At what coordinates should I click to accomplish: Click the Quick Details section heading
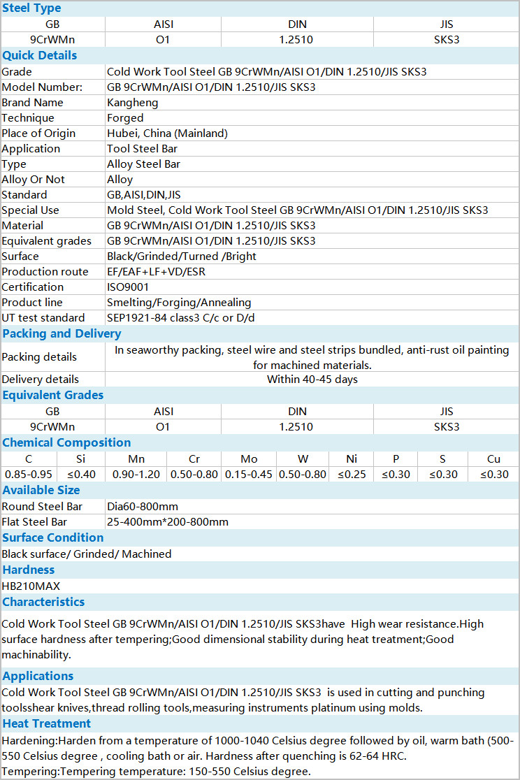pos(39,55)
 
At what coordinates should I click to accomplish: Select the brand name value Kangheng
pos(132,103)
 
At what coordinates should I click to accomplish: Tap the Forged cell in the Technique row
pos(125,118)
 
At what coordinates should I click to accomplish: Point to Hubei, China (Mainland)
pos(167,133)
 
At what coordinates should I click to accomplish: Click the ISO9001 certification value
pos(128,287)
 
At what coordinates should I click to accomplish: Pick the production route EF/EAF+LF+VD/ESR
pos(156,272)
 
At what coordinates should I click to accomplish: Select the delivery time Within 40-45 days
pos(312,380)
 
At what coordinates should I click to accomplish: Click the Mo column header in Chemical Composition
pos(249,459)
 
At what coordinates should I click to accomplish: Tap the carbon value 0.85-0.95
pos(28,475)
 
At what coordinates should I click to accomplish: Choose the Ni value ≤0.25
pos(352,475)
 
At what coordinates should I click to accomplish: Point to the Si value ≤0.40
pos(80,475)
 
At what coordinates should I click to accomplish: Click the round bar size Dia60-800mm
pos(142,507)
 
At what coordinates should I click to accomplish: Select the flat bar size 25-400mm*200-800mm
pos(167,522)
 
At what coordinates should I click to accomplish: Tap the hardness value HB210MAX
pos(31,586)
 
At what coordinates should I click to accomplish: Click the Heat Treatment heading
pos(46,723)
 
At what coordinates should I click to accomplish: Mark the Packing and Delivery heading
pos(62,333)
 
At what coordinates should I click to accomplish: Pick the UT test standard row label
pos(43,318)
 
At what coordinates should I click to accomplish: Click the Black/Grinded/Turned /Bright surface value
pos(181,257)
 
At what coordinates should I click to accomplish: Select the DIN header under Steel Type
pos(297,24)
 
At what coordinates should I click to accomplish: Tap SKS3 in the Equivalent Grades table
pos(447,427)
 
